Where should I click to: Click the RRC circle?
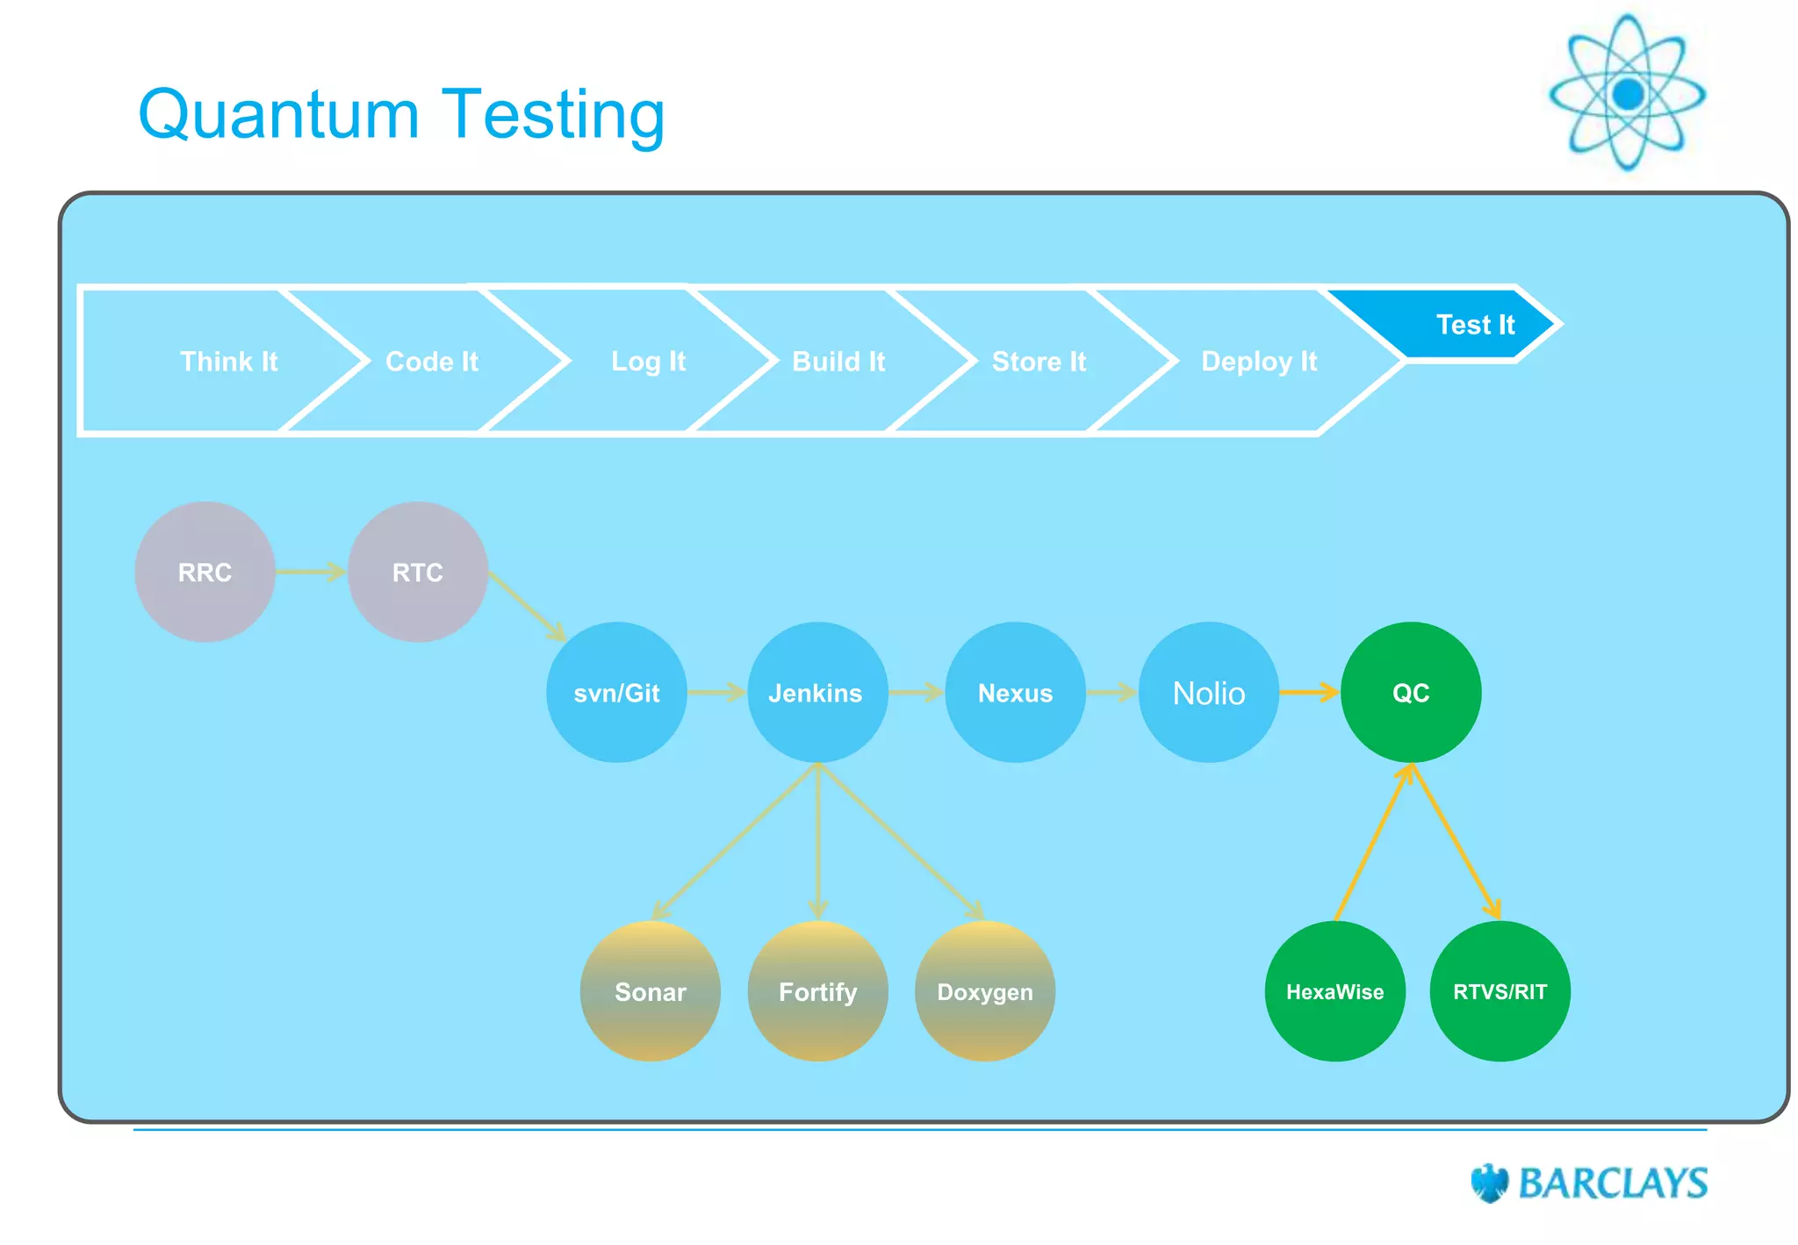point(205,572)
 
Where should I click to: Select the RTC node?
point(417,572)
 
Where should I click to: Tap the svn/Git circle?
point(616,693)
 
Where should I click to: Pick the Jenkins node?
point(816,693)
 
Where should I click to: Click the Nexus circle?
point(1015,693)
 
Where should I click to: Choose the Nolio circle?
point(1209,693)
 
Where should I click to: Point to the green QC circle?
point(1411,693)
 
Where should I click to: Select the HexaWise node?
point(1334,991)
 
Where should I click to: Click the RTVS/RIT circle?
point(1500,991)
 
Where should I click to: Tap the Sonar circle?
point(651,991)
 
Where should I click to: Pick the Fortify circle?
point(817,991)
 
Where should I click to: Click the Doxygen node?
point(985,991)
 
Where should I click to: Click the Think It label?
point(228,361)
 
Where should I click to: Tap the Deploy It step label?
point(1258,361)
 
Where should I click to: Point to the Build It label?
point(838,361)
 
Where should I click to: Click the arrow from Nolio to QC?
point(1308,693)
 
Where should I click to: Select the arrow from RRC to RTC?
point(311,572)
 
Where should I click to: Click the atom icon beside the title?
point(1627,92)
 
